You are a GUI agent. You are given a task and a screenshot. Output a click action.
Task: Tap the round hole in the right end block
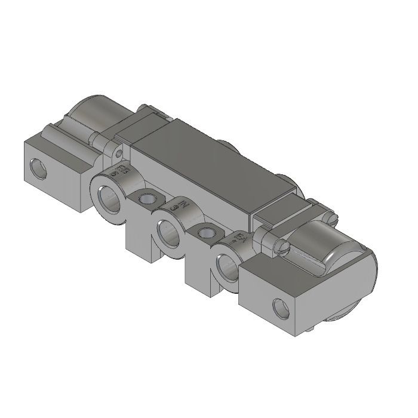tap(279, 308)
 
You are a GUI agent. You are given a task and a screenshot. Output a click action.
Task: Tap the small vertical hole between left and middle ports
tap(146, 198)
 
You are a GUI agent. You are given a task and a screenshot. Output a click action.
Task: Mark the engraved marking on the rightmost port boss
tap(238, 239)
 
